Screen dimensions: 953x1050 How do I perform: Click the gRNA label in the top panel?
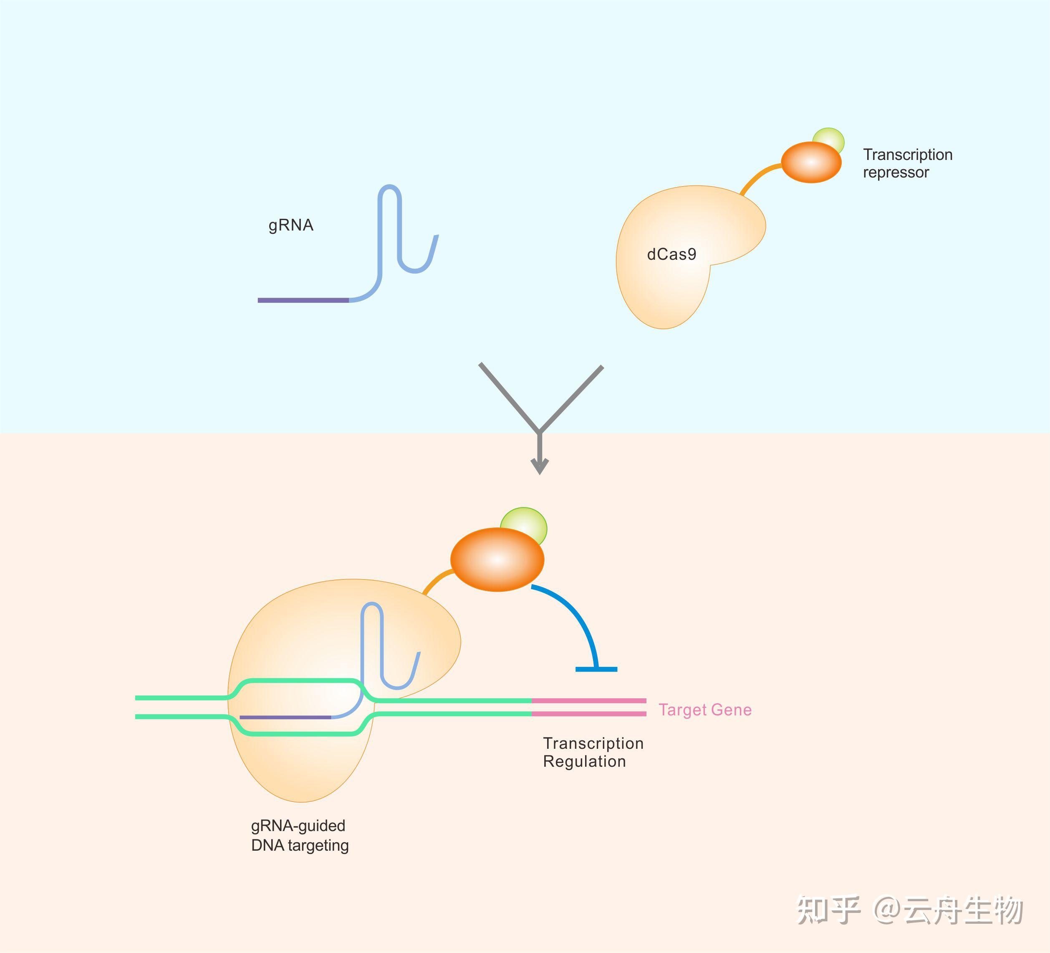coord(290,225)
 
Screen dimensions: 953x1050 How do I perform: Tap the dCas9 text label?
coord(671,254)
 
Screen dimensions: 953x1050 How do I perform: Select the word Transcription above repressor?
coord(907,155)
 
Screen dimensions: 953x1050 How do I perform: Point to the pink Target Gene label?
coord(705,710)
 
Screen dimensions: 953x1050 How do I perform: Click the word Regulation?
coord(584,761)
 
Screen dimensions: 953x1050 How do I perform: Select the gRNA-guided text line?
coord(298,826)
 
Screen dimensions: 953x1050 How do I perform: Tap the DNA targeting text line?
coord(300,845)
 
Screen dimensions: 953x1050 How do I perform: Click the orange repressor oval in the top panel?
coord(811,162)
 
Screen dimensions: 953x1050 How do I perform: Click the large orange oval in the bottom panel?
coord(497,560)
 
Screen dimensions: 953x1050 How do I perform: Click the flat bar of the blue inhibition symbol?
coord(596,669)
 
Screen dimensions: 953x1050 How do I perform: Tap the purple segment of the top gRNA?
coord(303,300)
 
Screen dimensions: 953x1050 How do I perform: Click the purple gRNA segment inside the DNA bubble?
coord(285,717)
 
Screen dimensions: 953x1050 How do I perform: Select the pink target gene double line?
coord(588,707)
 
